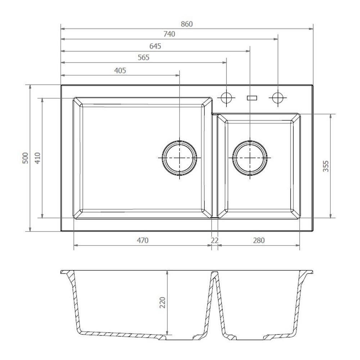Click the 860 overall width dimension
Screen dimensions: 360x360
point(186,24)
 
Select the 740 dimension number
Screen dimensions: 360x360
point(169,34)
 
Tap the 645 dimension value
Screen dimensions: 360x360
point(155,46)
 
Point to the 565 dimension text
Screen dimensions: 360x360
point(144,57)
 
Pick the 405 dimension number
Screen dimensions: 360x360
point(120,71)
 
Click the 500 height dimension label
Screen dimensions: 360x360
point(25,158)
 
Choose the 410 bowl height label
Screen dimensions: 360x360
point(37,158)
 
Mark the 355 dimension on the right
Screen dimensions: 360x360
point(326,166)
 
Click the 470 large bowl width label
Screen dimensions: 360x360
point(143,240)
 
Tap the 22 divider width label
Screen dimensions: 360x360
point(215,240)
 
